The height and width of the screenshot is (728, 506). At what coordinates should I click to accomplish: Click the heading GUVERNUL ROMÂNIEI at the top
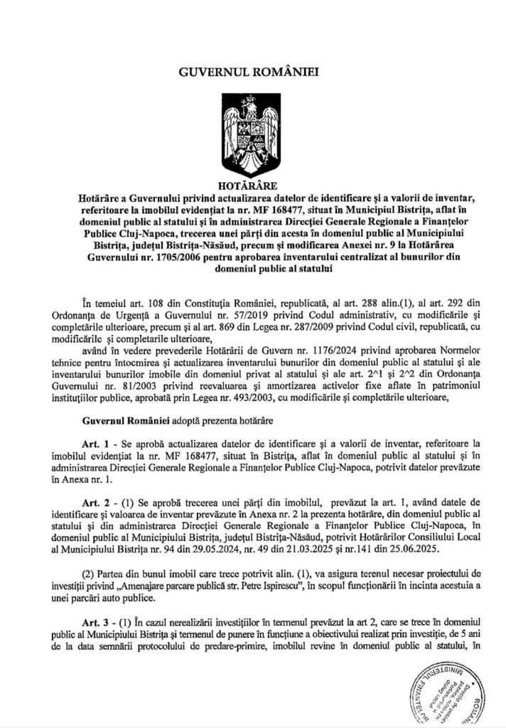[x=252, y=72]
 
